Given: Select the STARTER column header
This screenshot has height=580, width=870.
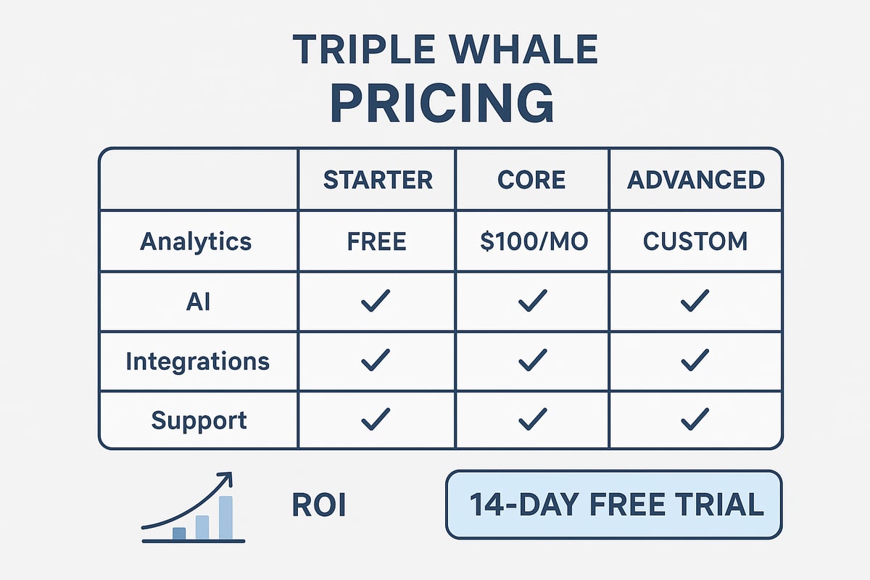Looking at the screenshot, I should point(377,179).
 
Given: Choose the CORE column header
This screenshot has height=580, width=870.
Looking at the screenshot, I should point(532,179).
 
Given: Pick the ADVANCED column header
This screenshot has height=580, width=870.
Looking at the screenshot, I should point(695,179).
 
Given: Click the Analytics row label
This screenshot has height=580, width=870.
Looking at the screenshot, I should point(196,241).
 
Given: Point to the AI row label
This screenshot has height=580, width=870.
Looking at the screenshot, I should point(197,301).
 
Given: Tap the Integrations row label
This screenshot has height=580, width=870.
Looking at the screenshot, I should point(197,361).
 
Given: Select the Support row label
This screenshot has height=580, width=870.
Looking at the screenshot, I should point(198,420).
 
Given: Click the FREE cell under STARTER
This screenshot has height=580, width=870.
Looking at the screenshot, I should point(376,241).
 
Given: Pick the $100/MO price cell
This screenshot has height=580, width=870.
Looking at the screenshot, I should point(532,241).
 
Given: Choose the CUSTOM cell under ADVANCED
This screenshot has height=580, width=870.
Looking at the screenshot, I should point(695,241).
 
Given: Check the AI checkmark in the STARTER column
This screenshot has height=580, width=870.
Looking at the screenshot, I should point(376,301).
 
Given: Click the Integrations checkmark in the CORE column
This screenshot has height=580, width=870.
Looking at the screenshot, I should point(533,360).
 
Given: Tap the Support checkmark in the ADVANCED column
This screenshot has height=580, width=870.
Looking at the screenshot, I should point(695,419).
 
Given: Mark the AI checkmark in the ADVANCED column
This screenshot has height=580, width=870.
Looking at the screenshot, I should point(695,301).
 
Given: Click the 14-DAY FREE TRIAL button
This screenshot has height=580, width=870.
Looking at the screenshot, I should point(613,505).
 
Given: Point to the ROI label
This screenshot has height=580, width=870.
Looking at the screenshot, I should point(318,506).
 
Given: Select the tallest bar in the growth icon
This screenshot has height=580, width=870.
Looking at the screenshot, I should point(225,518).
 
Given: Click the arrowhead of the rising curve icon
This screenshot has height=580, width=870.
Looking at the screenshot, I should point(227,478).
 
